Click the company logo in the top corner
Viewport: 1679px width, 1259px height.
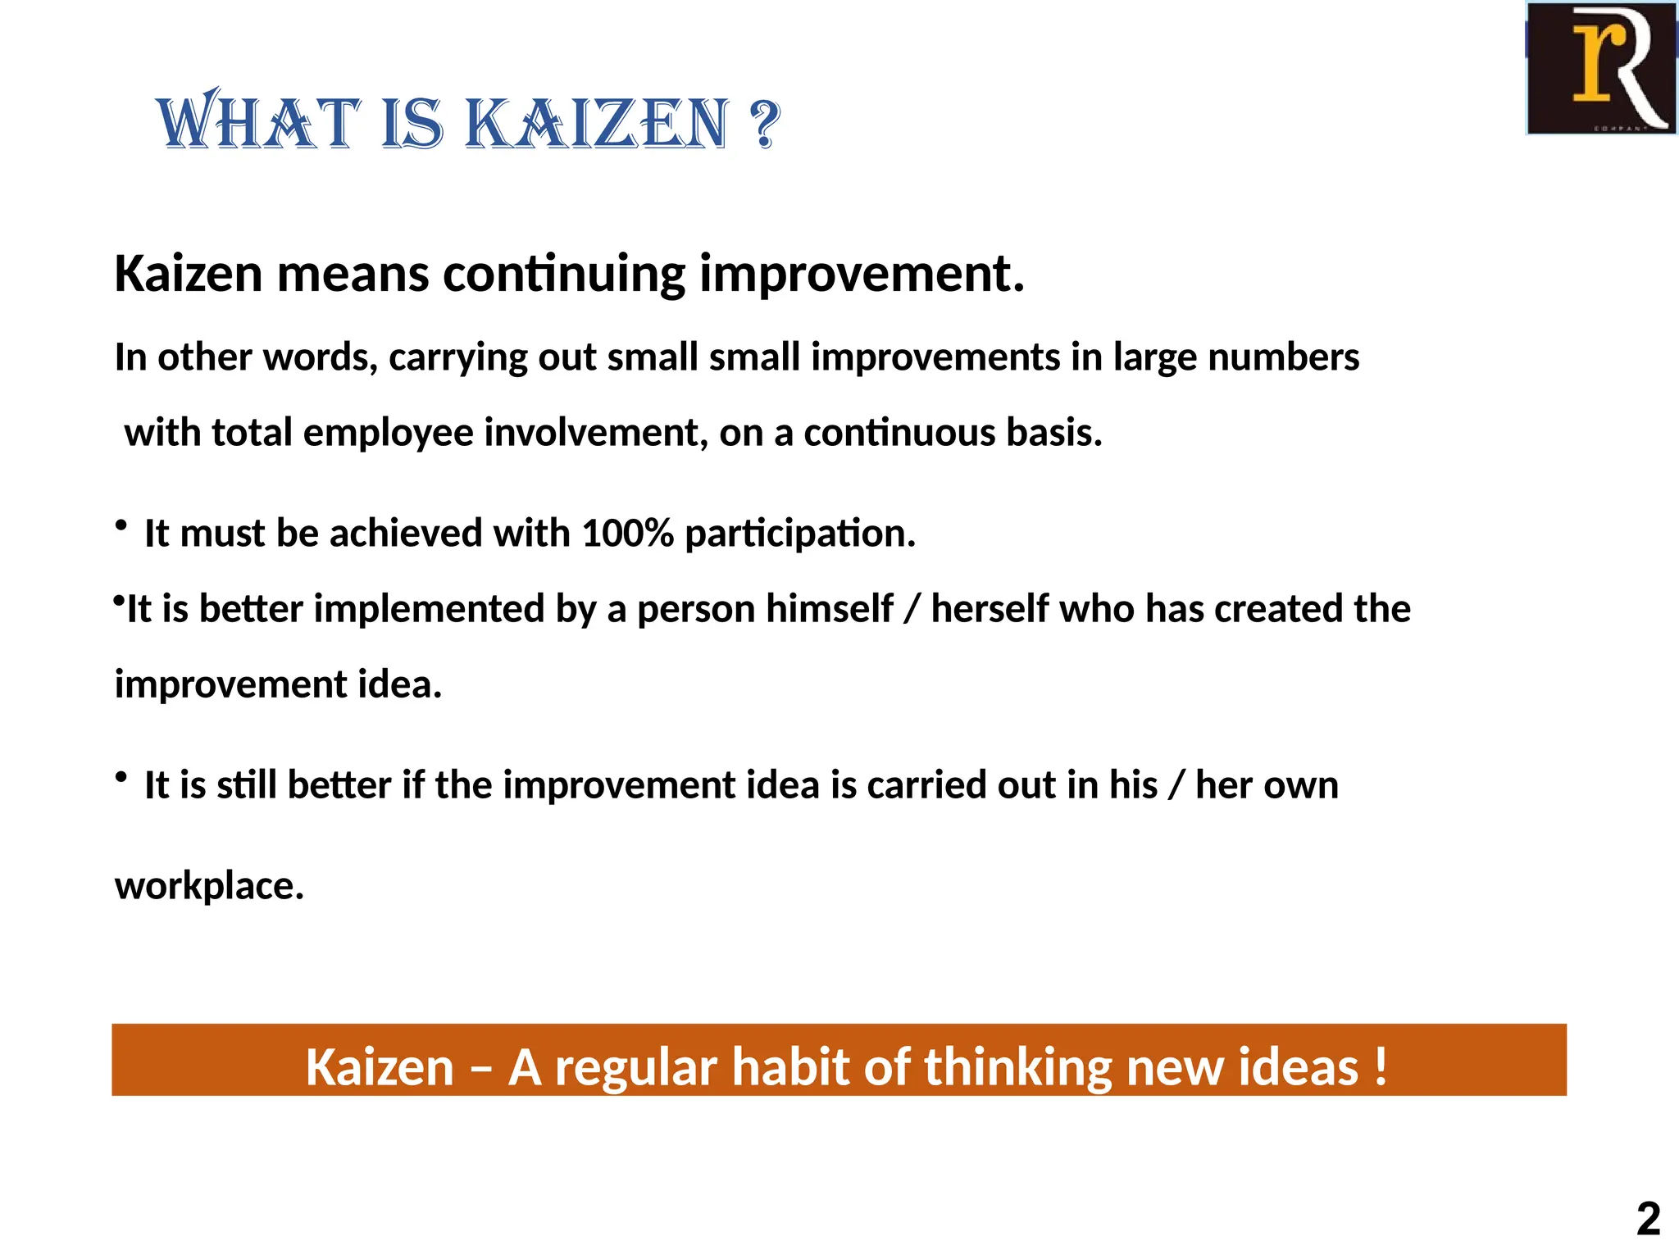1600,68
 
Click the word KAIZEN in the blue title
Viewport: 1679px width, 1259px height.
597,125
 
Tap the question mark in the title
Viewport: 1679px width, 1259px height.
764,125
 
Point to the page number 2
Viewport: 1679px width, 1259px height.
1648,1219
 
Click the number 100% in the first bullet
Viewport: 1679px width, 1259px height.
627,534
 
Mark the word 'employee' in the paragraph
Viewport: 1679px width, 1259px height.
388,434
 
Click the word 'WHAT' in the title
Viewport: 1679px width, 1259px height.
258,125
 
